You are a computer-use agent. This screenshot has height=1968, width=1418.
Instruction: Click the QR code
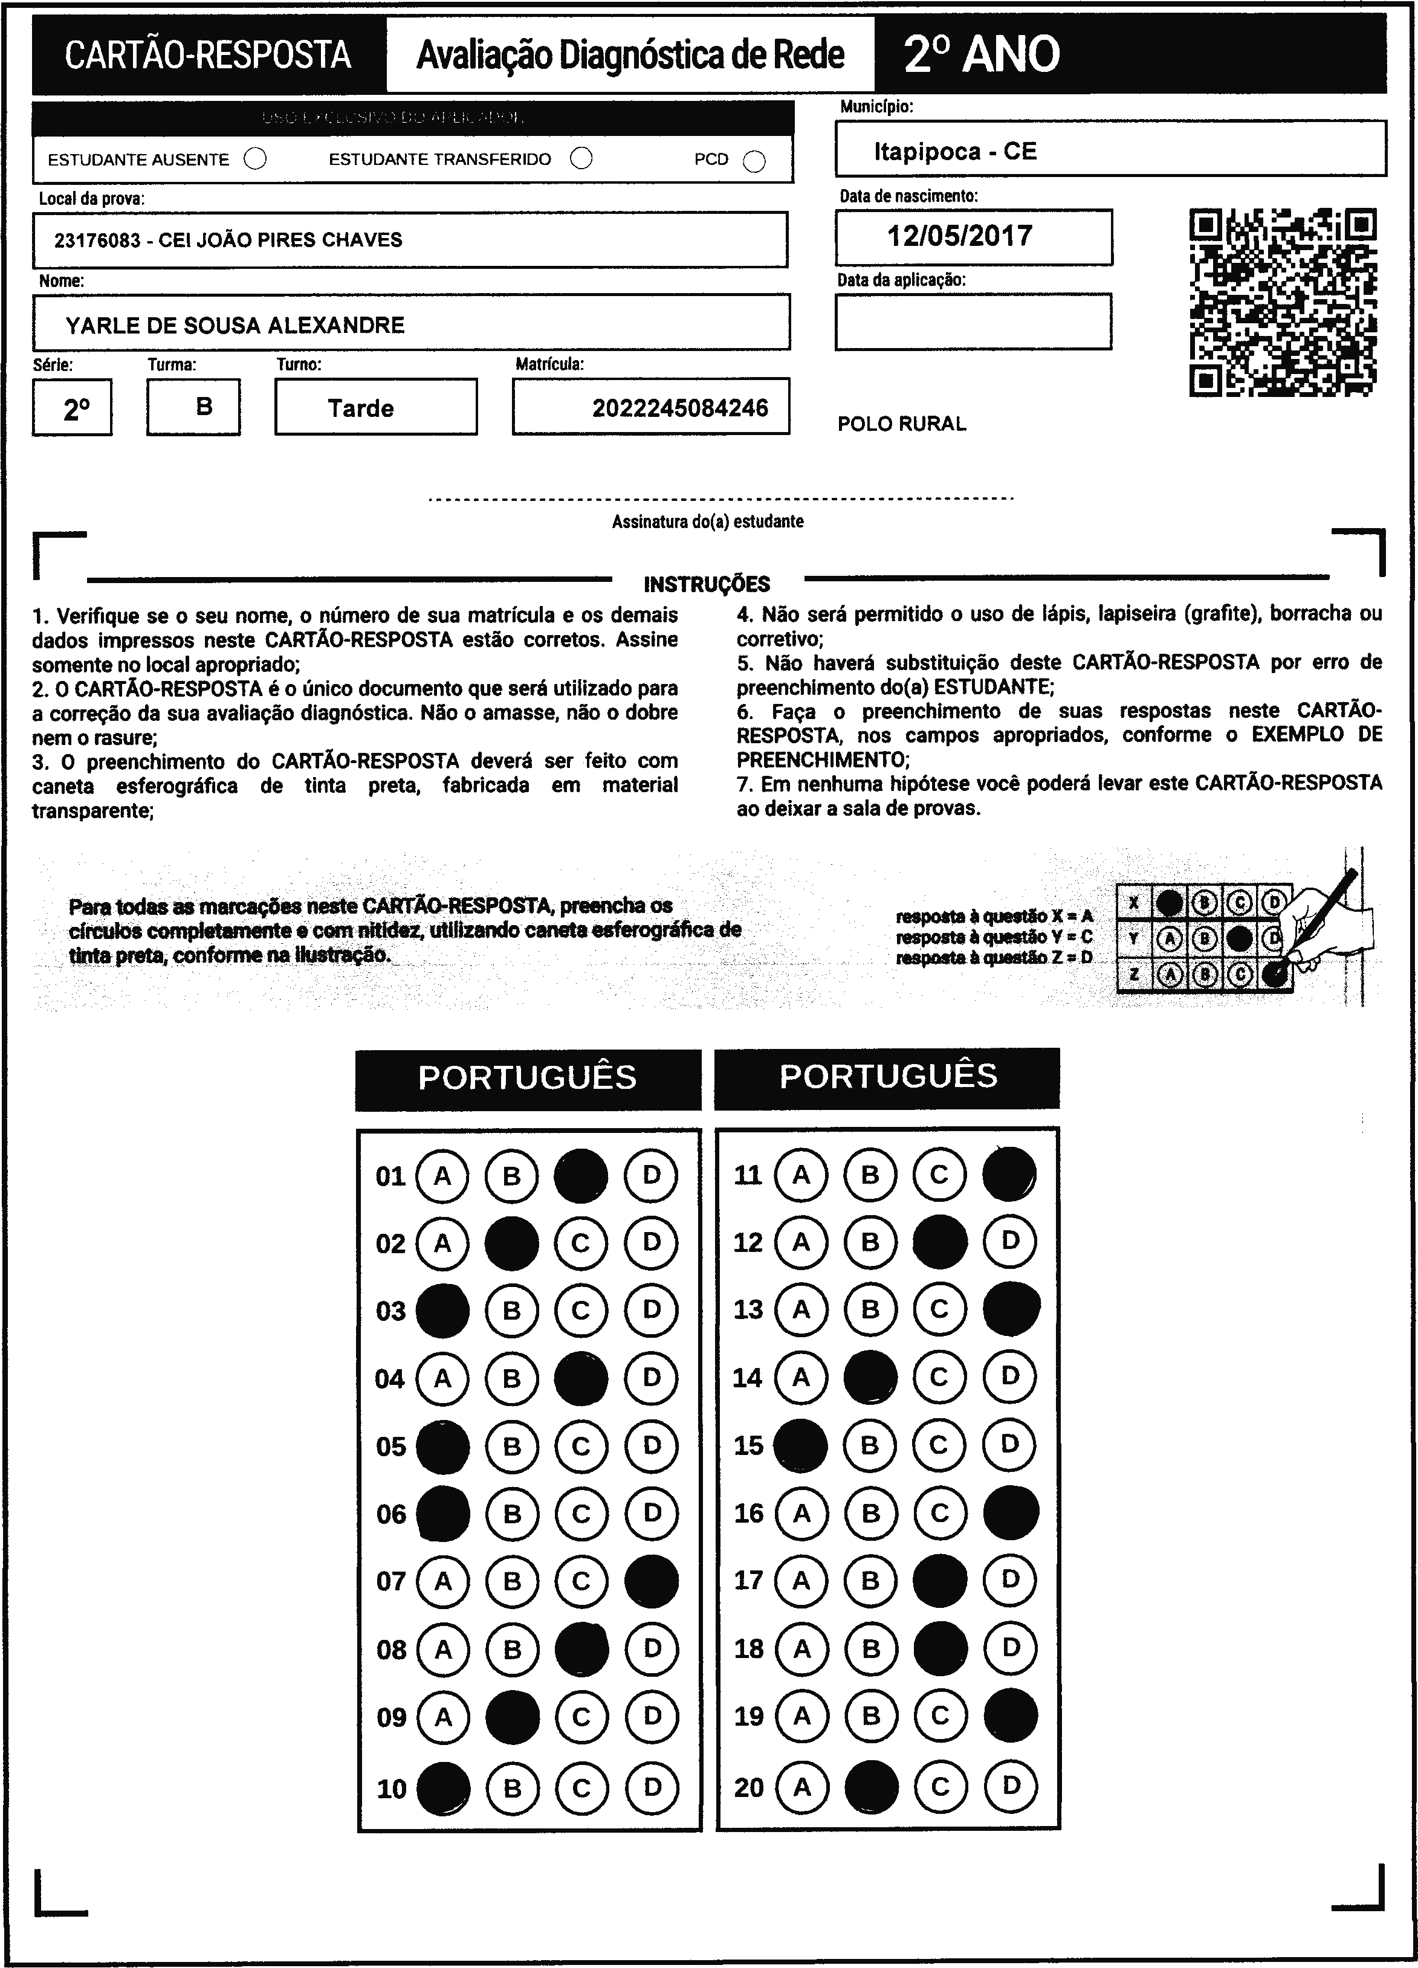pyautogui.click(x=1282, y=302)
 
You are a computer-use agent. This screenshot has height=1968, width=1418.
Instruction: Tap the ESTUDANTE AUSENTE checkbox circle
pyautogui.click(x=255, y=159)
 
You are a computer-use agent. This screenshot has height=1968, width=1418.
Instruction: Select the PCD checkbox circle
pyautogui.click(x=755, y=161)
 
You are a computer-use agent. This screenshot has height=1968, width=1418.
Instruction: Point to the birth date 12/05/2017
pyautogui.click(x=960, y=236)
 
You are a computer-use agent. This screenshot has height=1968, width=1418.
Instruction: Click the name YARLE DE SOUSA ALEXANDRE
pyautogui.click(x=235, y=326)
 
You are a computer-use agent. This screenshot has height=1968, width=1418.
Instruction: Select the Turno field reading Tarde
pyautogui.click(x=361, y=408)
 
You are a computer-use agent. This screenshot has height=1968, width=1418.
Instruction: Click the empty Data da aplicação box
pyautogui.click(x=973, y=322)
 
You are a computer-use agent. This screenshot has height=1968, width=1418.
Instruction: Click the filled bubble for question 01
pyautogui.click(x=581, y=1176)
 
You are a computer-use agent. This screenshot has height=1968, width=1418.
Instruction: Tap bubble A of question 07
pyautogui.click(x=442, y=1581)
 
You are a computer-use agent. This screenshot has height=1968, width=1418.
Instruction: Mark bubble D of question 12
pyautogui.click(x=1010, y=1242)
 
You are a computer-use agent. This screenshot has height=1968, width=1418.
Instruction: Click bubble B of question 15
pyautogui.click(x=870, y=1445)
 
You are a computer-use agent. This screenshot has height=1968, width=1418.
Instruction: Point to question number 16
pyautogui.click(x=748, y=1514)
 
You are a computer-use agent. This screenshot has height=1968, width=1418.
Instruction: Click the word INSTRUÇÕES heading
pyautogui.click(x=707, y=584)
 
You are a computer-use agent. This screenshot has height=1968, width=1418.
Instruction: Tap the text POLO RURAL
pyautogui.click(x=902, y=424)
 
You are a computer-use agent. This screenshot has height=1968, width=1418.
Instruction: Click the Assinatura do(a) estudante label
pyautogui.click(x=707, y=521)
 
